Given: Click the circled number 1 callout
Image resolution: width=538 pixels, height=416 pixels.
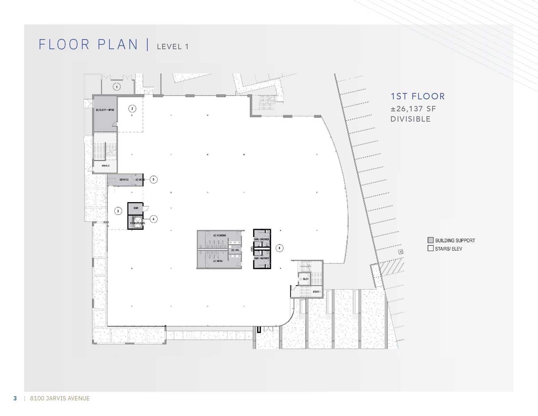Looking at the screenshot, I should click(x=117, y=87).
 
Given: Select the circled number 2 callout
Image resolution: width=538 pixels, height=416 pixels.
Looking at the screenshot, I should click(x=132, y=109).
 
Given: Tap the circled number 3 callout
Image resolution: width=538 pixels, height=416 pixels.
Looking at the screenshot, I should click(x=118, y=211).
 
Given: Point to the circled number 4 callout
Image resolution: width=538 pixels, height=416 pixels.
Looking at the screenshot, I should click(x=153, y=219).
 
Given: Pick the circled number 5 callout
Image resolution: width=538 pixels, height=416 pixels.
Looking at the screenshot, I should click(x=153, y=179).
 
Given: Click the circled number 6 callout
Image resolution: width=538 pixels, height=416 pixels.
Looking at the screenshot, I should click(x=279, y=248).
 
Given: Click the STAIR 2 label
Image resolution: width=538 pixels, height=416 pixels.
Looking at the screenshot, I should click(x=105, y=166).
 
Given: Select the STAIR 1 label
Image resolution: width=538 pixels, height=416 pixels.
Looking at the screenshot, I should click(x=316, y=292).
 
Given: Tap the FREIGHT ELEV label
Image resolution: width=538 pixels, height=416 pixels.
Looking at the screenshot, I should click(x=137, y=223).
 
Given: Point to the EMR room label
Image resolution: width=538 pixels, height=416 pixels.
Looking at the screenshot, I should click(x=136, y=208).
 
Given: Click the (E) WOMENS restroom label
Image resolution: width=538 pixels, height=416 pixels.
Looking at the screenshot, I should click(x=220, y=235).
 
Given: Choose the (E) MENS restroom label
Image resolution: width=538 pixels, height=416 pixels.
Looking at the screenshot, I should click(x=218, y=261).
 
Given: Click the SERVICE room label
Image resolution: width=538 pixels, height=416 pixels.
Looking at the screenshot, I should click(x=124, y=180).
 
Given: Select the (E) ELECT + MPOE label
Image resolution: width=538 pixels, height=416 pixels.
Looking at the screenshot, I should click(x=105, y=110).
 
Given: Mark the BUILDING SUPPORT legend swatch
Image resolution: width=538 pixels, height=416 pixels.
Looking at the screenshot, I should click(x=431, y=240).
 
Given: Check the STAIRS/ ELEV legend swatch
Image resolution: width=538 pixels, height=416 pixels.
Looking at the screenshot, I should click(x=431, y=248).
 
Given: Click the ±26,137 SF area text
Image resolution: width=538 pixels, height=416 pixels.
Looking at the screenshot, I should click(x=413, y=109).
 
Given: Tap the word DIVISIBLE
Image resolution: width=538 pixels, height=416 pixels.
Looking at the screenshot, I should click(x=411, y=119).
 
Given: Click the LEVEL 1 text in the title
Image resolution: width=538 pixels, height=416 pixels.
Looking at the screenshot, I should click(x=173, y=46).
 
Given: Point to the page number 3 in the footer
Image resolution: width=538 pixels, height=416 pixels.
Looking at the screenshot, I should click(x=15, y=398).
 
